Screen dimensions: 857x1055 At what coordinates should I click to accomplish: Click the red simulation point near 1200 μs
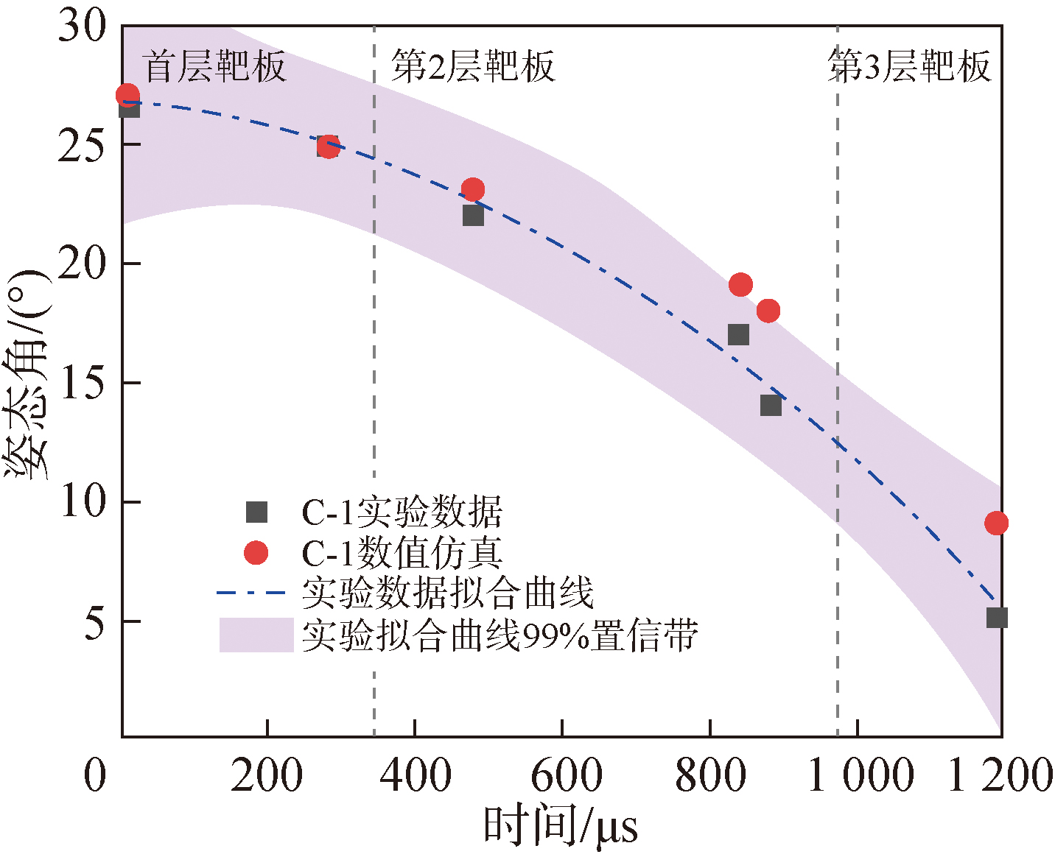pos(996,523)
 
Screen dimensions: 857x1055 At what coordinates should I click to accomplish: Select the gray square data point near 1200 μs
pos(997,618)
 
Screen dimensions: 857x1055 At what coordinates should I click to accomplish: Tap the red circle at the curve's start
pos(127,95)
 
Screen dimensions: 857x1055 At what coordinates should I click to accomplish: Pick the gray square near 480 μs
pos(473,216)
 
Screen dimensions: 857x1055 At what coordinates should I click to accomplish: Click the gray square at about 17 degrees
pos(738,335)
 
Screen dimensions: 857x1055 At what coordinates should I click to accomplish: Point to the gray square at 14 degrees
pos(771,406)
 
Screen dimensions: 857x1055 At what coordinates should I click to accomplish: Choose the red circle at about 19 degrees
pos(740,285)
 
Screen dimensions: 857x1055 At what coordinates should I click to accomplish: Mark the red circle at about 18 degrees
pos(768,311)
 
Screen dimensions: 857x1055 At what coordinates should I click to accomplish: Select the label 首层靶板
pos(214,67)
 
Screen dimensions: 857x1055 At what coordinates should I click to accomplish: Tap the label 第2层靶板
pos(472,67)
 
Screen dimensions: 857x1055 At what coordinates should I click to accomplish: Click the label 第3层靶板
pos(909,67)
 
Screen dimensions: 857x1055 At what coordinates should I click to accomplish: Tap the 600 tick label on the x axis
pos(566,776)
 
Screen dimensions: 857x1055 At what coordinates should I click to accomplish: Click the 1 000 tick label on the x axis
pos(861,776)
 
